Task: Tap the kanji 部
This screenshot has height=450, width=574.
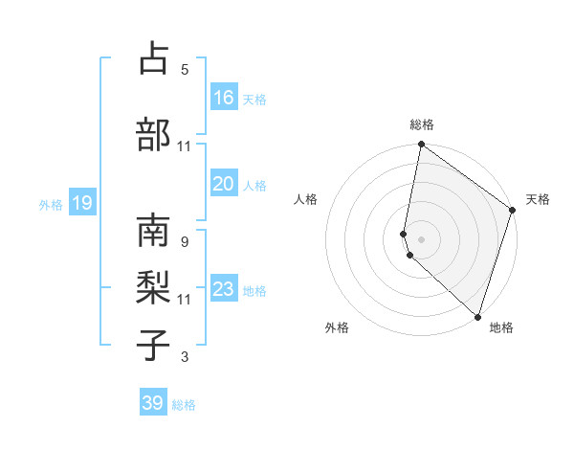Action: pyautogui.click(x=153, y=135)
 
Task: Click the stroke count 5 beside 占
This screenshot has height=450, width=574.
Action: pyautogui.click(x=184, y=69)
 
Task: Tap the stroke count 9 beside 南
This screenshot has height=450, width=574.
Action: pyautogui.click(x=184, y=242)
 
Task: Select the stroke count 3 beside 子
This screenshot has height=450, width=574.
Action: pyautogui.click(x=184, y=358)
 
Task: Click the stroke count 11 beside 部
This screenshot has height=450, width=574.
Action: pyautogui.click(x=184, y=146)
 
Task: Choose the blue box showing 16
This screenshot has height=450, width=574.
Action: pyautogui.click(x=224, y=97)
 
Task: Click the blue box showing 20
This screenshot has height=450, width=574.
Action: pyautogui.click(x=224, y=184)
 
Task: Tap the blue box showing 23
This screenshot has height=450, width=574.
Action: pyautogui.click(x=224, y=289)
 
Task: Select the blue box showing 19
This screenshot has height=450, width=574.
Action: pyautogui.click(x=81, y=203)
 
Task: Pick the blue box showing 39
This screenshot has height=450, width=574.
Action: pyautogui.click(x=153, y=403)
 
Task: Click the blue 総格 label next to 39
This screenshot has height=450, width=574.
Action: pyautogui.click(x=184, y=405)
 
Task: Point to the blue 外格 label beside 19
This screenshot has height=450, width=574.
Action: pyautogui.click(x=51, y=204)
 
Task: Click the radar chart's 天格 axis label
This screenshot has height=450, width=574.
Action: pyautogui.click(x=538, y=199)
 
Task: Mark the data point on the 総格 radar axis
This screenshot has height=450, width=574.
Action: pyautogui.click(x=421, y=145)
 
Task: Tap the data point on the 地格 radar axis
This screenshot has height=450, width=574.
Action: pyautogui.click(x=477, y=317)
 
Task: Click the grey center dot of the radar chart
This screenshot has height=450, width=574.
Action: pyautogui.click(x=421, y=238)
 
